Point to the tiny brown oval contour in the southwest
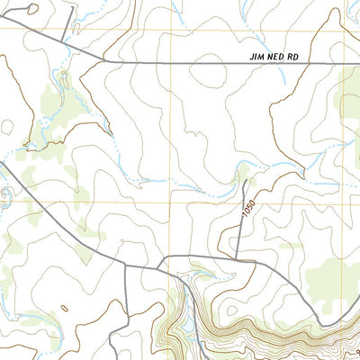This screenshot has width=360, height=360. (x=62, y=309)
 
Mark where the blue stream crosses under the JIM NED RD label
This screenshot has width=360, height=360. (x=281, y=64)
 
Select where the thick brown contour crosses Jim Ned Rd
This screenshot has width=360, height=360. (x=131, y=63)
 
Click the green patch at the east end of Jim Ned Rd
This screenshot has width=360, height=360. (x=347, y=85)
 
